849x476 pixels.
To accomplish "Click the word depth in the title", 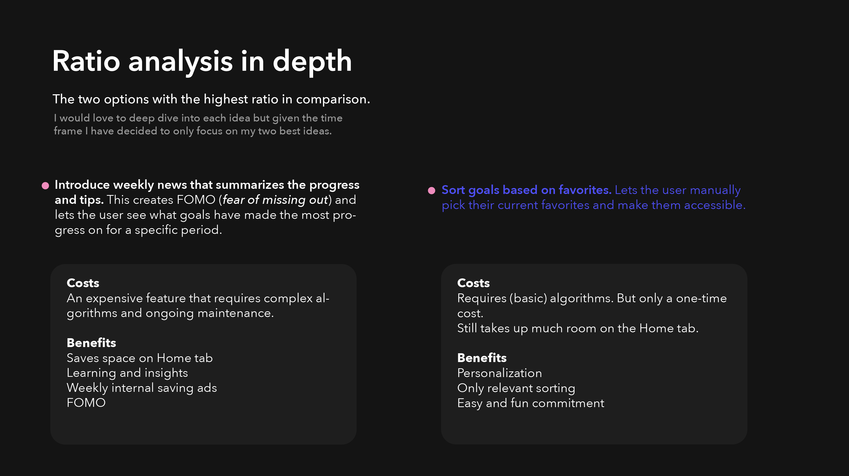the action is pyautogui.click(x=312, y=62).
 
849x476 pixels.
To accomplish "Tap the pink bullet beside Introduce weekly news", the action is pyautogui.click(x=46, y=186).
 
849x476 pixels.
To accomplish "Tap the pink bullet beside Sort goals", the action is pyautogui.click(x=431, y=191).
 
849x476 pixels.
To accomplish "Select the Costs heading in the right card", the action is pyautogui.click(x=473, y=283).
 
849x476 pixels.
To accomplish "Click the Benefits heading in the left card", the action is pyautogui.click(x=91, y=343).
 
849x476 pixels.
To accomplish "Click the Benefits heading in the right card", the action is pyautogui.click(x=482, y=358).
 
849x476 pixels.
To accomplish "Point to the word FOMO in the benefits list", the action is pyautogui.click(x=86, y=403).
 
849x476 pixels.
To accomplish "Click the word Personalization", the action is pyautogui.click(x=499, y=373).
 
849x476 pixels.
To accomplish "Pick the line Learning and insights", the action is pyautogui.click(x=127, y=373).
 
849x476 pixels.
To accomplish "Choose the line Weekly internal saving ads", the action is pyautogui.click(x=142, y=388).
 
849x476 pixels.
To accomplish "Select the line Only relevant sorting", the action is pyautogui.click(x=516, y=388).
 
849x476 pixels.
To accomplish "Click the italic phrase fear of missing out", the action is pyautogui.click(x=275, y=200).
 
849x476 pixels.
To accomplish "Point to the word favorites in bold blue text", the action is pyautogui.click(x=585, y=190).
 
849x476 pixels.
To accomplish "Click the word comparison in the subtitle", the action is pyautogui.click(x=333, y=99).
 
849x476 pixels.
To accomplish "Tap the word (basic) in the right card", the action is pyautogui.click(x=528, y=298).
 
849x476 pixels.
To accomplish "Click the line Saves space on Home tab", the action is pyautogui.click(x=140, y=358).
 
